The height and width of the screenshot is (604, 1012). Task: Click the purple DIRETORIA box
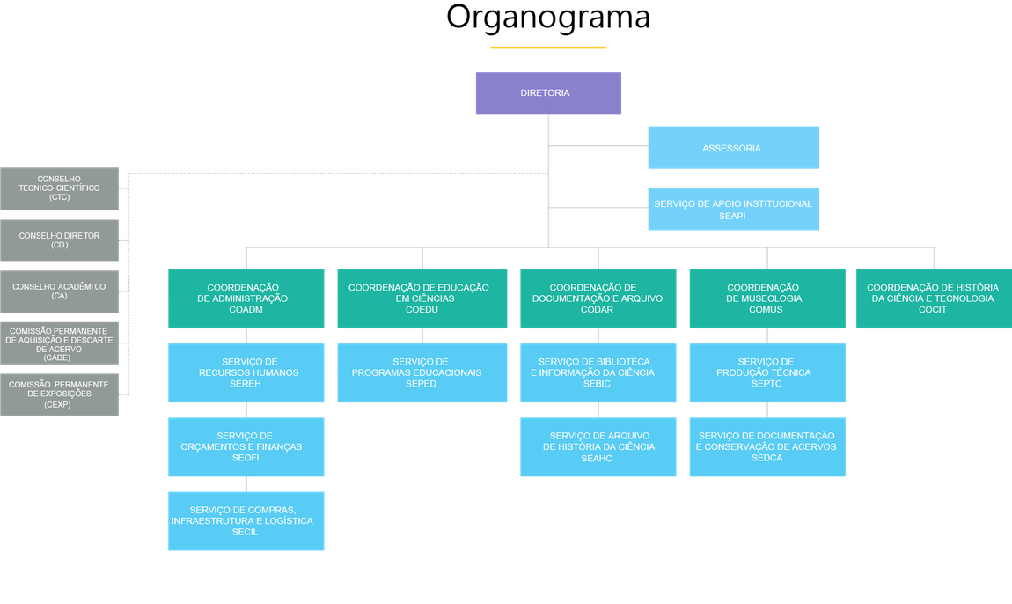(x=548, y=93)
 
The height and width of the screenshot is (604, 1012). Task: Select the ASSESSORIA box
(x=732, y=148)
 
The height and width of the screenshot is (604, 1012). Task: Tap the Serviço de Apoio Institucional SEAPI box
(x=732, y=210)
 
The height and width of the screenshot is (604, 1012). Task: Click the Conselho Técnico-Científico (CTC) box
(x=60, y=188)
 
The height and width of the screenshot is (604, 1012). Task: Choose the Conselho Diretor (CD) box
(x=60, y=241)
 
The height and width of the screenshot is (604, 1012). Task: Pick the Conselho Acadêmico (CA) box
(x=60, y=292)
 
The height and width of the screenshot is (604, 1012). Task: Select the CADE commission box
(x=60, y=343)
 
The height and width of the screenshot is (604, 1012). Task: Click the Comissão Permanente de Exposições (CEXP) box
(x=60, y=394)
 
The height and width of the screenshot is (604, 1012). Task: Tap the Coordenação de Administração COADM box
(x=246, y=299)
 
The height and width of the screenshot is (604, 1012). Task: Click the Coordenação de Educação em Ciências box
(x=422, y=299)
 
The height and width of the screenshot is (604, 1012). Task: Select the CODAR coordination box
(x=598, y=299)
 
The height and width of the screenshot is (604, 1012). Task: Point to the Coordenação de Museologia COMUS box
(x=766, y=299)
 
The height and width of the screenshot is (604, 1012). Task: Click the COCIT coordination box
(x=933, y=299)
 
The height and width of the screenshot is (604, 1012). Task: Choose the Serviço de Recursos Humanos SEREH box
(x=246, y=373)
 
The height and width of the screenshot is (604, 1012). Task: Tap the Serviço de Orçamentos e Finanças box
(x=246, y=447)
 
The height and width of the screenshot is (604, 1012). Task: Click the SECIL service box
(x=246, y=521)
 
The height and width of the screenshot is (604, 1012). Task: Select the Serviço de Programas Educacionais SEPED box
(x=422, y=373)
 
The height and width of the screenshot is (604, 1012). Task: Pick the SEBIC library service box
(x=598, y=373)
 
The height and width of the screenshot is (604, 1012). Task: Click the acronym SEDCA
(x=766, y=459)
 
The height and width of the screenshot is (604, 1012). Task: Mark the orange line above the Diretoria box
(x=548, y=47)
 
